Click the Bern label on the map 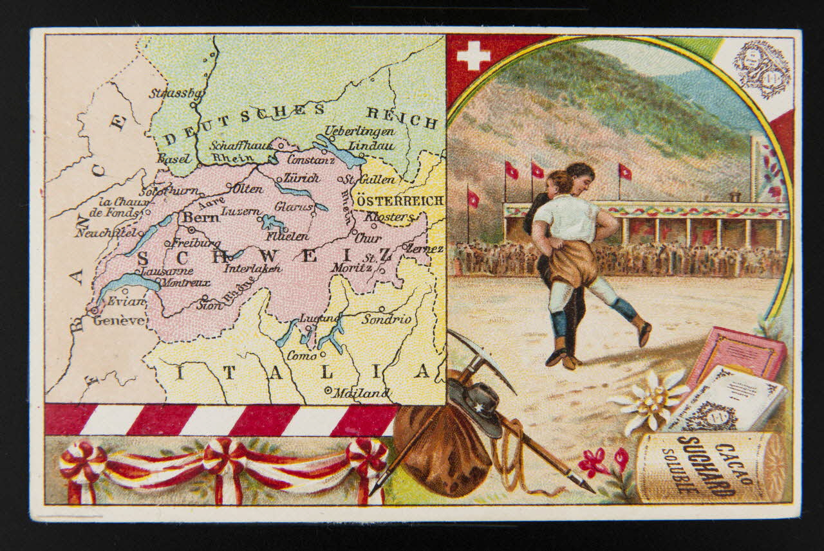click(201, 218)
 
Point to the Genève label click(119, 320)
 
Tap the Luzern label click(240, 211)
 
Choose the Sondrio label click(386, 319)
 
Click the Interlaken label click(252, 268)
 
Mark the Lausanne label click(165, 271)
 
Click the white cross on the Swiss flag click(473, 55)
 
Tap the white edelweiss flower click(650, 400)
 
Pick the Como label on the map click(302, 355)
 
